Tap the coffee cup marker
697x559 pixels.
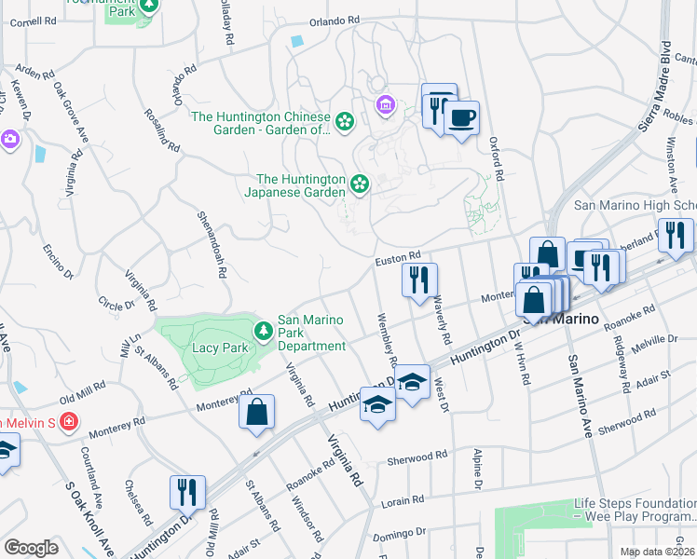click(x=461, y=118)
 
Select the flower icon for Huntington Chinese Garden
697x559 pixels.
click(x=345, y=122)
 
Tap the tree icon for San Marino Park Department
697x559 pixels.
click(x=265, y=331)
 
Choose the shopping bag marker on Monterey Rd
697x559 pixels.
click(x=255, y=413)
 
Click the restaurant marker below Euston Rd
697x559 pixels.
click(x=419, y=279)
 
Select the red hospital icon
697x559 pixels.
click(x=67, y=422)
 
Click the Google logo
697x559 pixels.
click(x=31, y=548)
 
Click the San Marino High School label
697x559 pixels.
click(x=635, y=205)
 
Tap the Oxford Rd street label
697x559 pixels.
click(x=498, y=158)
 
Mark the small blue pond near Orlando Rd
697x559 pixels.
click(x=297, y=41)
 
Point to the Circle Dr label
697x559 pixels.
click(x=116, y=304)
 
